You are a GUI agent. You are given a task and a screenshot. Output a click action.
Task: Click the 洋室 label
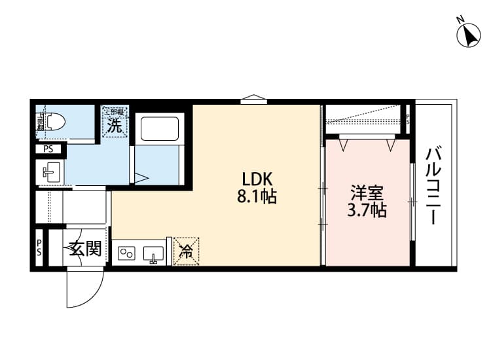tap(367, 194)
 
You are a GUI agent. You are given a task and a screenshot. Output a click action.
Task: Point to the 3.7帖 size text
tap(367, 210)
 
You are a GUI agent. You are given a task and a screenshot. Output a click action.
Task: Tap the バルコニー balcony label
tap(433, 186)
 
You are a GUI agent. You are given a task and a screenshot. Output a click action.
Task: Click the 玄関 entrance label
tap(85, 249)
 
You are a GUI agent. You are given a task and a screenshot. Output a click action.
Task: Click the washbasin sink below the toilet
tap(50, 173)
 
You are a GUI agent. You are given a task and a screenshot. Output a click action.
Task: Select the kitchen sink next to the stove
tap(155, 253)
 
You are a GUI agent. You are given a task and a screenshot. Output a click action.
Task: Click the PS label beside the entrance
tap(39, 248)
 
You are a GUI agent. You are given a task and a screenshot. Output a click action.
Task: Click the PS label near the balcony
tap(407, 120)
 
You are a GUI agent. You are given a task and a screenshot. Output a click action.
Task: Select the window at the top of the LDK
tap(253, 100)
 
